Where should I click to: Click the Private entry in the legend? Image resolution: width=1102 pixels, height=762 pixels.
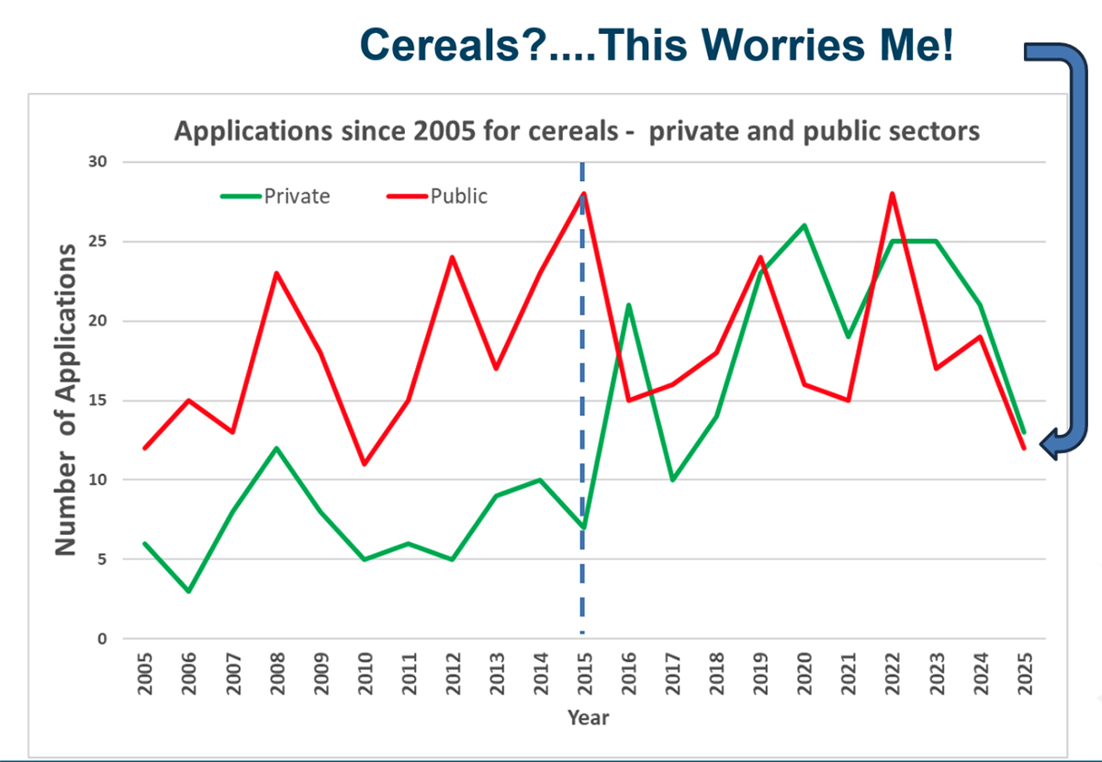tap(297, 196)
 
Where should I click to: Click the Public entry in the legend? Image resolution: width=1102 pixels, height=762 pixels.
tap(459, 196)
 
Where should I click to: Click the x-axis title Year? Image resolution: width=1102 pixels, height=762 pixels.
tap(587, 717)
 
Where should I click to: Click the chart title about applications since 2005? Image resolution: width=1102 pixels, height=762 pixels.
tap(577, 131)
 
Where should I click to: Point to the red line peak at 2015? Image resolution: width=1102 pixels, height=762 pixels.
tap(583, 194)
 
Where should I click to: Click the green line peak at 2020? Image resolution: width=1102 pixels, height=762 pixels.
tap(804, 225)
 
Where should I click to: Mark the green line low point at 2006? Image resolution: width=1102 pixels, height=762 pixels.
tap(188, 591)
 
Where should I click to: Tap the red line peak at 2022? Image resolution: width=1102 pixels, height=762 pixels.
tap(891, 194)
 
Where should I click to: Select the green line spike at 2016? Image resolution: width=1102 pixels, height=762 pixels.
tap(628, 305)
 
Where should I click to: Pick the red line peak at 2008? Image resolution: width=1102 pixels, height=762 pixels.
tap(276, 273)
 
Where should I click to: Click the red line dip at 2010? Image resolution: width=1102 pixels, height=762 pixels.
tap(364, 464)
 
